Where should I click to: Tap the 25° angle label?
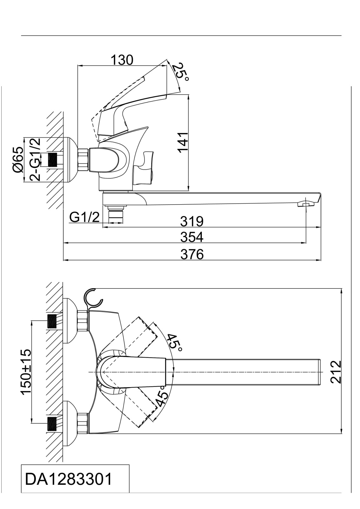point(180,72)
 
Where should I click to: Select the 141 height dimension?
point(183,142)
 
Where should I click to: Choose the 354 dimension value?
point(192,237)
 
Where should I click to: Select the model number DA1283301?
point(68,484)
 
